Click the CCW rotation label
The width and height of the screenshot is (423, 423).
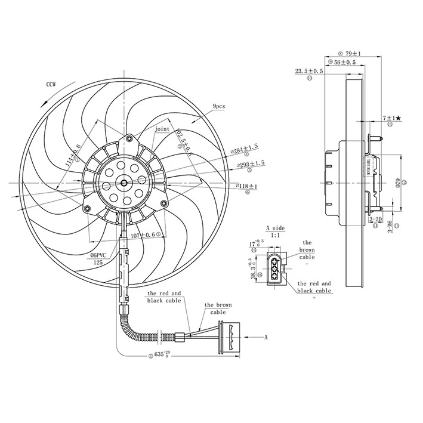[50, 85]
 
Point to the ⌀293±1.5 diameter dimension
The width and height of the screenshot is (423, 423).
[251, 163]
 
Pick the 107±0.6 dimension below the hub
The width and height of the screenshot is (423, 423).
[143, 235]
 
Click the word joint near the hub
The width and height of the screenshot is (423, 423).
[162, 129]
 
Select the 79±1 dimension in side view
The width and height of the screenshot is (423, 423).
[357, 53]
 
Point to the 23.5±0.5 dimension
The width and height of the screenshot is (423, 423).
[309, 71]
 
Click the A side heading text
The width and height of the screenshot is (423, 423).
[276, 228]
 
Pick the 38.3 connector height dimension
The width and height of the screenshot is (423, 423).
[253, 267]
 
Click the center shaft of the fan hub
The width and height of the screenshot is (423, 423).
[124, 184]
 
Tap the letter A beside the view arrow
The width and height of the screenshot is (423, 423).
[265, 337]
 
